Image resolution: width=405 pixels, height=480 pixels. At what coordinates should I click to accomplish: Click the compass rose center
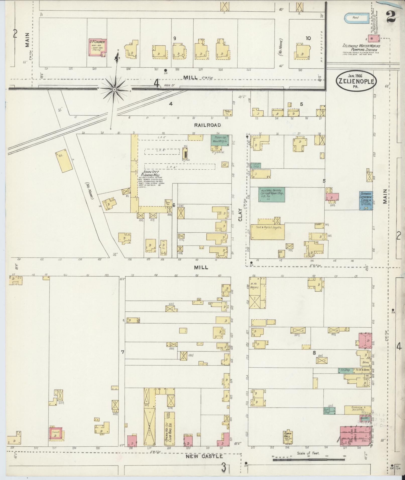[114, 89]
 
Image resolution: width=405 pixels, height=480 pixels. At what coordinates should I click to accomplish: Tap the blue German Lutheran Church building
[366, 200]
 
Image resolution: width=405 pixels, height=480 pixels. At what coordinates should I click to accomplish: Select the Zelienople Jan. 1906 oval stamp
[356, 81]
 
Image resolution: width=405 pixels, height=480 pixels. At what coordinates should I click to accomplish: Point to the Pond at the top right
[356, 18]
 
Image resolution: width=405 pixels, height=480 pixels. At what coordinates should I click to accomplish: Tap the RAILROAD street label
[207, 125]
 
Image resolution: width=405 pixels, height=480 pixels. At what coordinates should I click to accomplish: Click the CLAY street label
[240, 216]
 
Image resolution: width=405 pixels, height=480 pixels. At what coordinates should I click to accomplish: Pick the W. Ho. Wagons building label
[254, 286]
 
